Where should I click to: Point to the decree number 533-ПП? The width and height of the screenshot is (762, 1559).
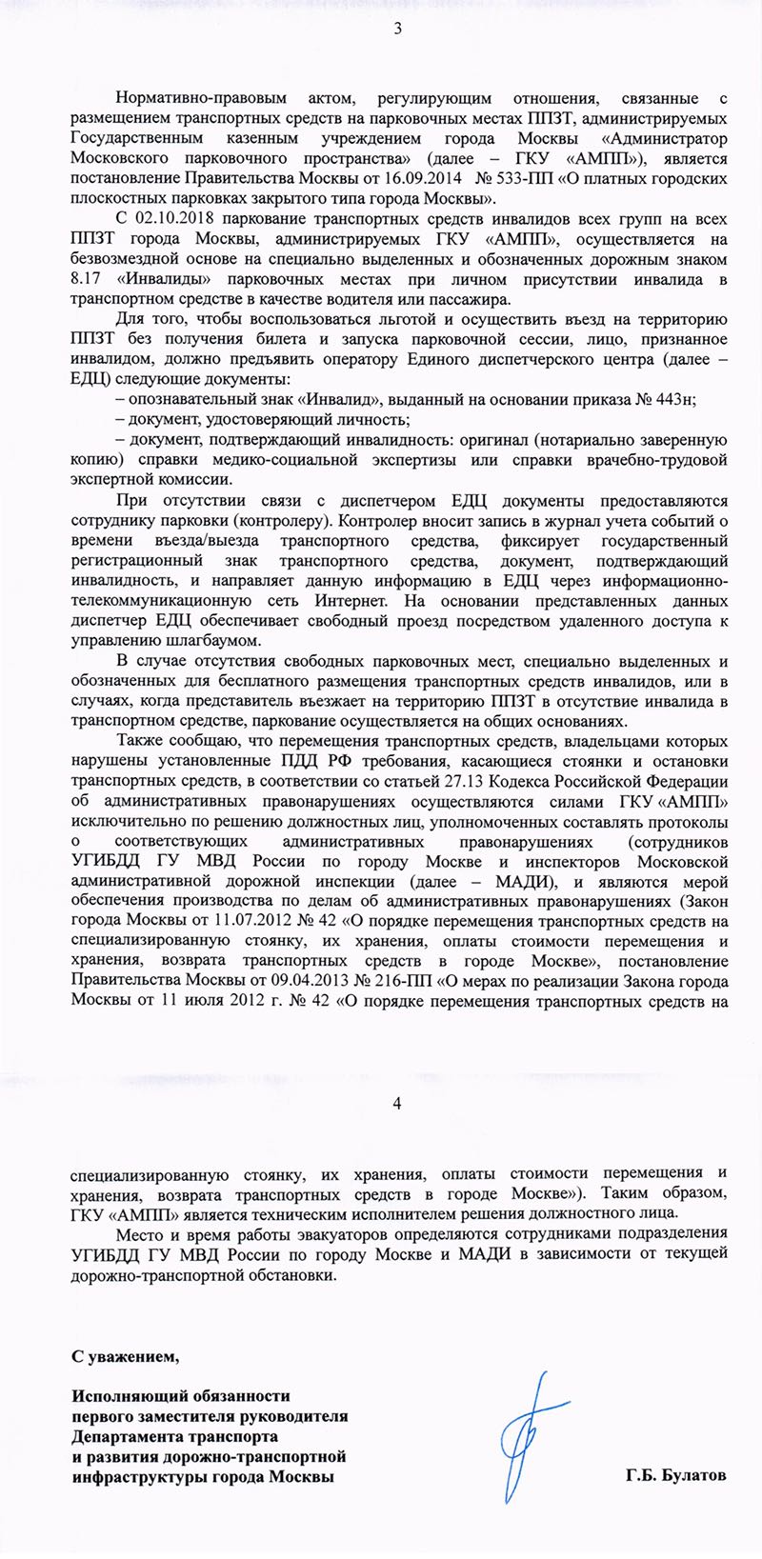tap(509, 178)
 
